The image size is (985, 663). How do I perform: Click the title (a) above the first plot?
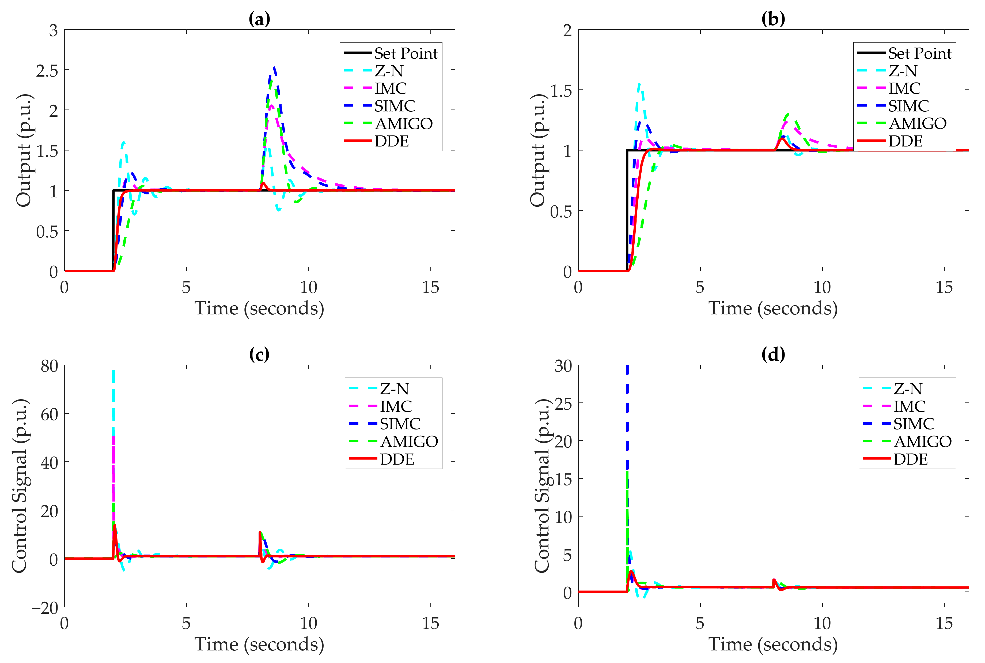point(259,19)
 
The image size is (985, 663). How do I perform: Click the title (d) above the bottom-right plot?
point(773,354)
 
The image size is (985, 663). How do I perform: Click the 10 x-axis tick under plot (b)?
point(822,288)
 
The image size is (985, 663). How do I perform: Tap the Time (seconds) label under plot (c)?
point(259,644)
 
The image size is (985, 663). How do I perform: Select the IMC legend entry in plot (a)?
point(391,88)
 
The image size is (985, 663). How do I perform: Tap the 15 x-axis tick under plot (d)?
point(944,623)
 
